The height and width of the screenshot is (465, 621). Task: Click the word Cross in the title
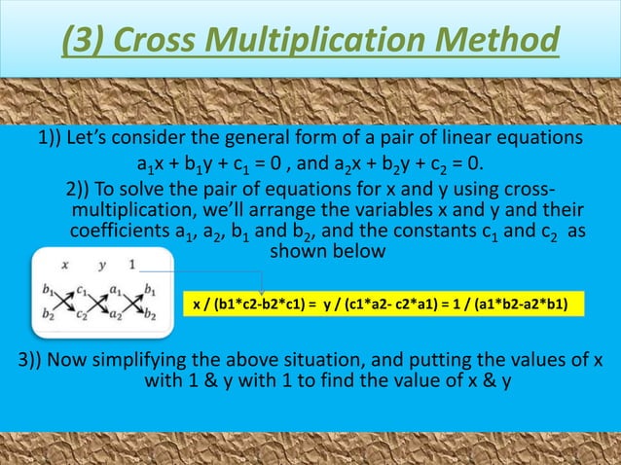[160, 42]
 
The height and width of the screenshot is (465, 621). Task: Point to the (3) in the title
[86, 42]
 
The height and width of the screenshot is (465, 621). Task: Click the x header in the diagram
[64, 263]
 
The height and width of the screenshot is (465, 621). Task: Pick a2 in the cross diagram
[117, 313]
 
